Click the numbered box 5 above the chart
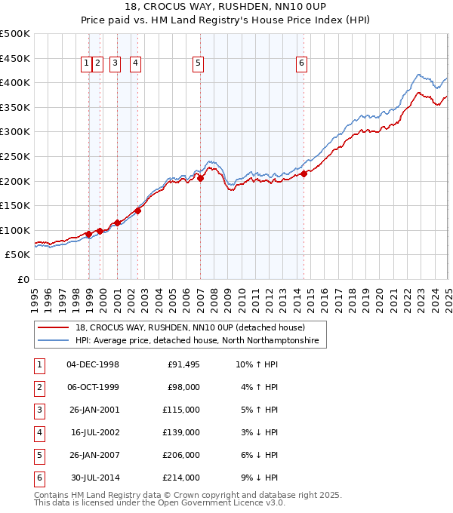point(198,64)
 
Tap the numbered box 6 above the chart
point(301,64)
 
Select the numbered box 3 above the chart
point(115,64)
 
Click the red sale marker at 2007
point(200,178)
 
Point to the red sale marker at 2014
point(304,174)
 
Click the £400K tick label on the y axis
point(15,82)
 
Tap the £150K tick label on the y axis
point(15,205)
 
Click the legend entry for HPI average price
point(196,341)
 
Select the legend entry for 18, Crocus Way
point(189,327)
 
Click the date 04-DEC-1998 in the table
point(93,365)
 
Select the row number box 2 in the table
point(39,388)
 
